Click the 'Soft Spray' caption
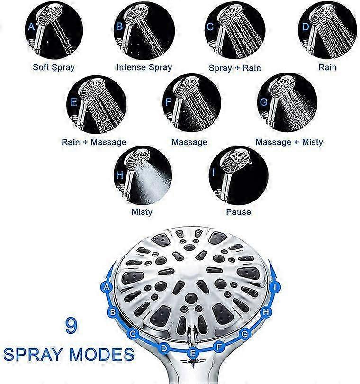(x=54, y=68)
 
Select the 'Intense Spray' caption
(x=144, y=68)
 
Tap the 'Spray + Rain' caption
(x=234, y=68)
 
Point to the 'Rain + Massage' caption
(x=94, y=142)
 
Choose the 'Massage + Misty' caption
(x=289, y=142)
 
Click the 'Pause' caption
(x=239, y=212)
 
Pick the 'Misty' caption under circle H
(x=142, y=212)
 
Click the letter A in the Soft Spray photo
(x=31, y=27)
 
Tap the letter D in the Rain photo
(x=306, y=27)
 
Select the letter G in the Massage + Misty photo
(x=263, y=102)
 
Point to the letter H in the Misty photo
(x=120, y=175)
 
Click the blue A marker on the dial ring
(x=106, y=286)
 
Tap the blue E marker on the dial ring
(x=193, y=353)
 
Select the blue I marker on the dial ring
(x=275, y=287)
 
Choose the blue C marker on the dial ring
(x=133, y=334)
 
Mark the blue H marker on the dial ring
(x=266, y=312)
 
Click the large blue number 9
(x=71, y=326)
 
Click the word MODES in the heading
(x=101, y=354)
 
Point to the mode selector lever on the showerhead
(x=193, y=334)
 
